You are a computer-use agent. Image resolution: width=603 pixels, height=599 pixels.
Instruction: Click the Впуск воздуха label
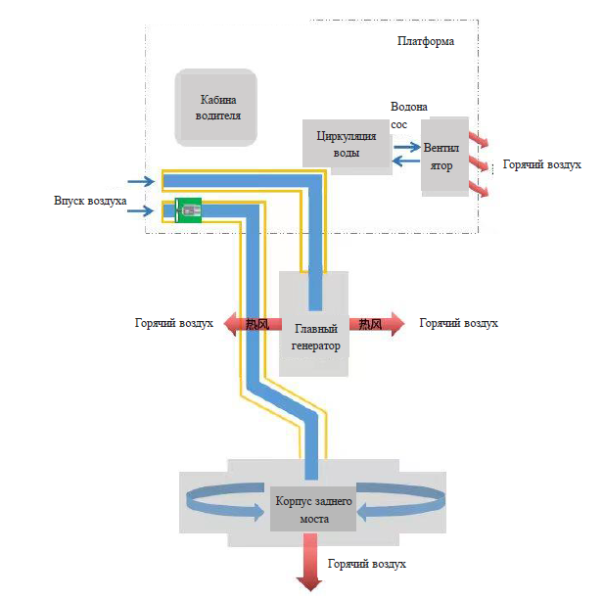(91, 201)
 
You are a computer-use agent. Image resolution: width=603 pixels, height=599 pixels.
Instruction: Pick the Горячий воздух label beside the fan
(542, 166)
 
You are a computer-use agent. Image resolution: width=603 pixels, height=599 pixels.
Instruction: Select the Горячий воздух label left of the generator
(174, 323)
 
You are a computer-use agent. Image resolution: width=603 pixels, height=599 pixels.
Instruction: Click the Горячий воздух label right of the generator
(458, 323)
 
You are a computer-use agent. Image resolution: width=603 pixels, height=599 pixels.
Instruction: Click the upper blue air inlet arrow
(142, 181)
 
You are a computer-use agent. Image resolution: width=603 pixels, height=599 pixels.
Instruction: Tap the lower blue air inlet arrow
(142, 207)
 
